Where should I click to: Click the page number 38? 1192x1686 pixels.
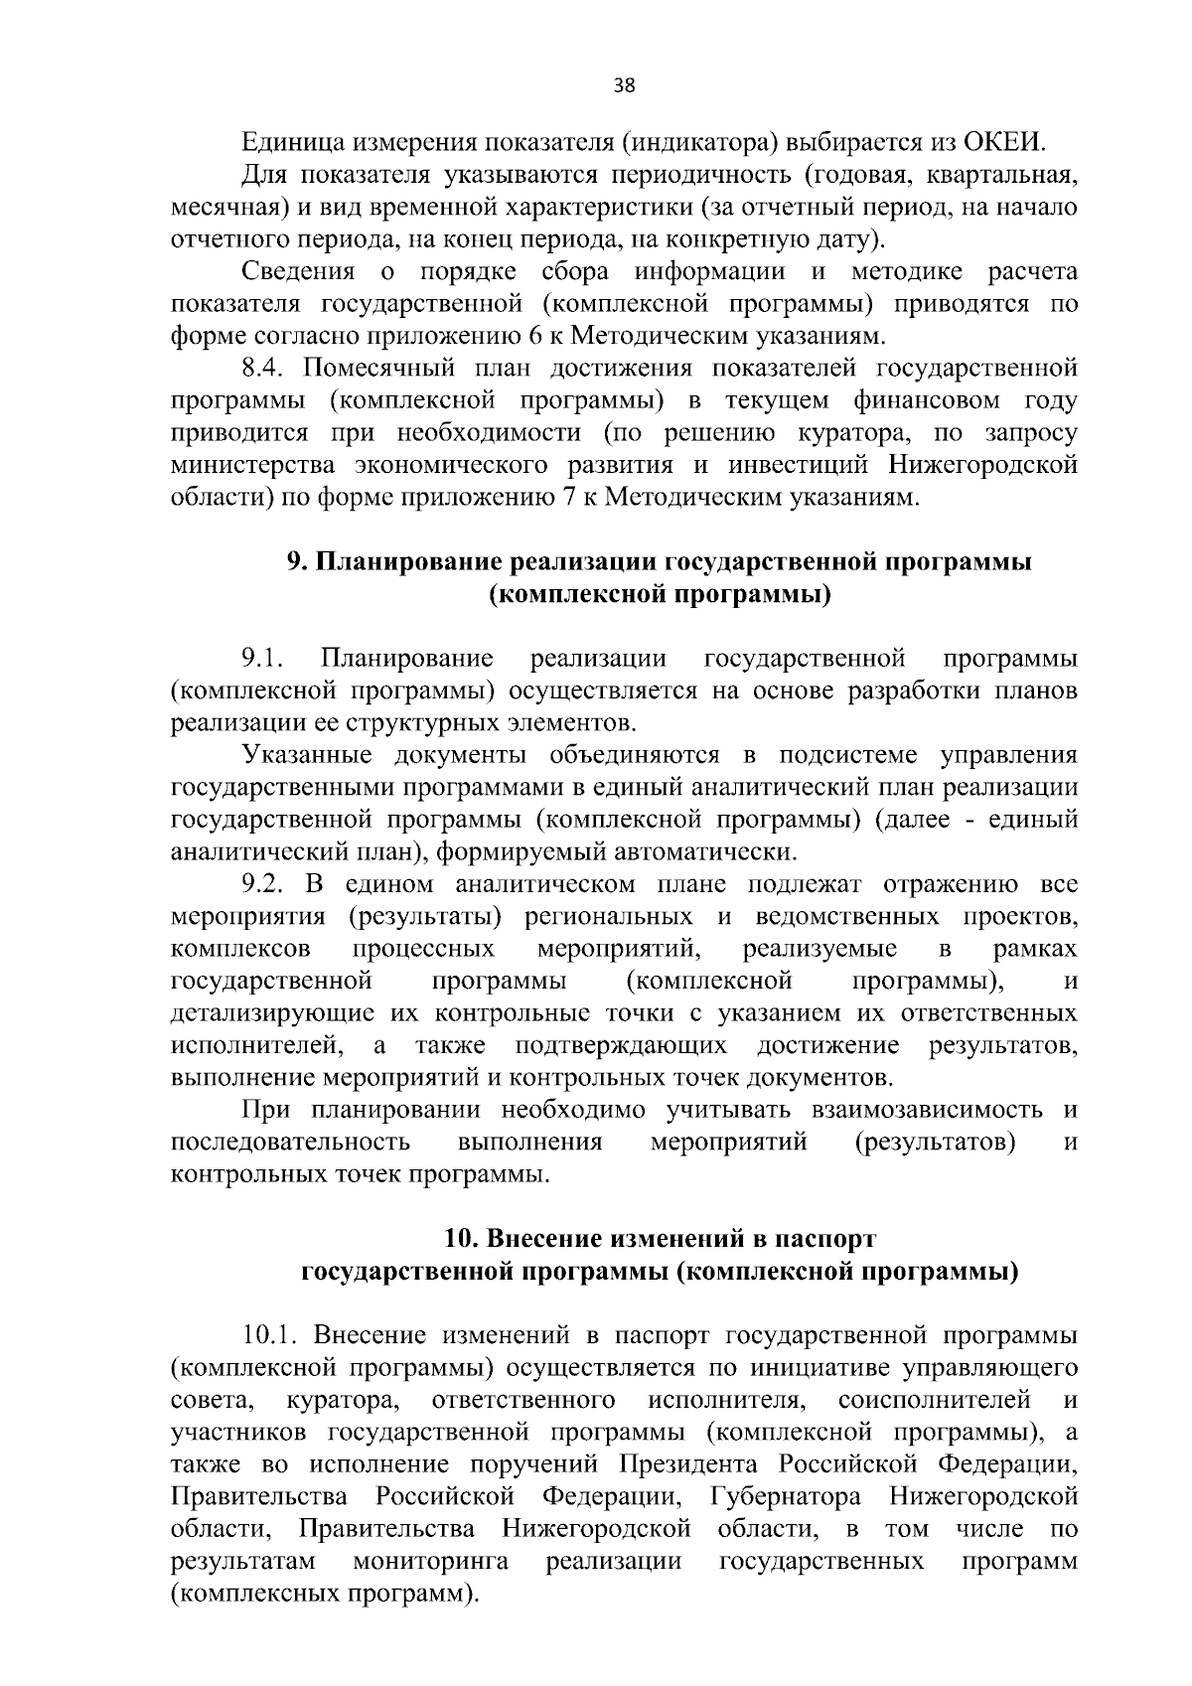click(x=625, y=84)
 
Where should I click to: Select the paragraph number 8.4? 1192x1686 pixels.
click(x=264, y=369)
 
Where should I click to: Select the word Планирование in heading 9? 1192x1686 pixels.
click(x=410, y=561)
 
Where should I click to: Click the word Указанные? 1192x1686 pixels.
click(x=309, y=755)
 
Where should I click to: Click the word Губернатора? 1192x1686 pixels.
click(x=786, y=1496)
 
